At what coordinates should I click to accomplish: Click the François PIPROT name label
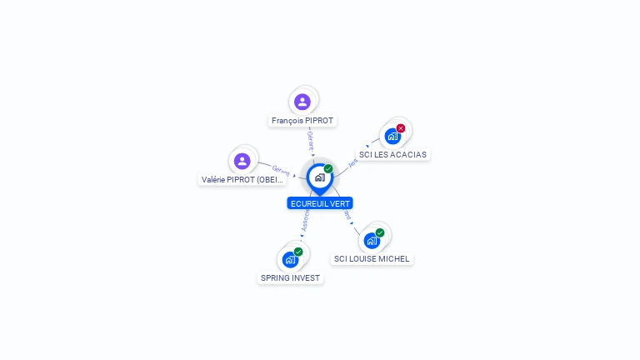(x=302, y=121)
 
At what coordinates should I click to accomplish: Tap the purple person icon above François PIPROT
(x=302, y=102)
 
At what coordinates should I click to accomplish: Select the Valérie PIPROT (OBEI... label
(x=242, y=179)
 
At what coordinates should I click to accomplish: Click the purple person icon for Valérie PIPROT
(x=242, y=161)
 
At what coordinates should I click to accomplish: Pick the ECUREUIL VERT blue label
(x=320, y=203)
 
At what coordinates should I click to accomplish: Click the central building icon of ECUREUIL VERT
(x=319, y=177)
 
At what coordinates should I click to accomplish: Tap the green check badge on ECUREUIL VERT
(x=328, y=169)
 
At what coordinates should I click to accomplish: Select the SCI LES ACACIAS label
(x=392, y=154)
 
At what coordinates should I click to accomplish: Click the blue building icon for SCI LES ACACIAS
(x=392, y=136)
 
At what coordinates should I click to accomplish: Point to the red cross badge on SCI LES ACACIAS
(x=401, y=128)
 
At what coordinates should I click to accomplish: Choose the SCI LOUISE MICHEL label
(x=372, y=258)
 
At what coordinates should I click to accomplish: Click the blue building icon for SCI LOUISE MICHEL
(x=372, y=241)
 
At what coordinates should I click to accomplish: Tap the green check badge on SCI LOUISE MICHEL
(x=380, y=232)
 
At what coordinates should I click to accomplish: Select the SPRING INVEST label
(x=290, y=277)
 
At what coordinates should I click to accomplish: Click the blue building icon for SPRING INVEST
(x=290, y=259)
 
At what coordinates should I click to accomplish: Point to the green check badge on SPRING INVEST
(x=298, y=252)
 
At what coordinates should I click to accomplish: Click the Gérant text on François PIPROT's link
(x=310, y=139)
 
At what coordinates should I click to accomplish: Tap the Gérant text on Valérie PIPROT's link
(x=281, y=171)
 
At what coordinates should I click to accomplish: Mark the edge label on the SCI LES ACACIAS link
(x=352, y=163)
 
